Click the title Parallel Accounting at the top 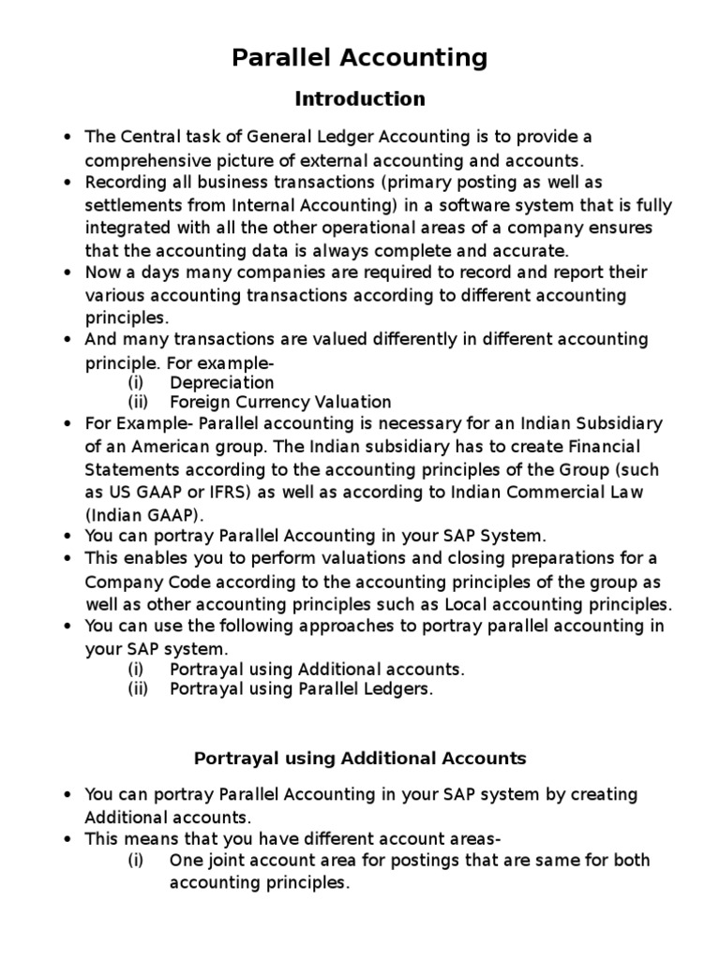coord(360,58)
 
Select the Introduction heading coord(360,98)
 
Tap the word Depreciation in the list coord(222,382)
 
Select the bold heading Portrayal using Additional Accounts coord(360,758)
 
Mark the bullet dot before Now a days coord(67,273)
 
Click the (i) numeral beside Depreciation coord(136,382)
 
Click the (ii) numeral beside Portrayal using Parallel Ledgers coord(138,689)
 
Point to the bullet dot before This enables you coord(67,559)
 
